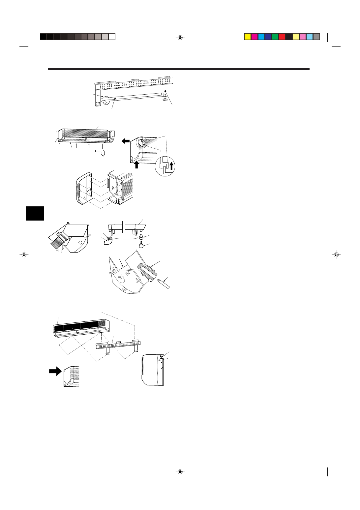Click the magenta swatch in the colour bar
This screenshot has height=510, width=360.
[255, 37]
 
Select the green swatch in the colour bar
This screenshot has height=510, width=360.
[275, 37]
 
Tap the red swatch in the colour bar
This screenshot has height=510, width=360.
[282, 37]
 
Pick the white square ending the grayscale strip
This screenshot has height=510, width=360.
[112, 37]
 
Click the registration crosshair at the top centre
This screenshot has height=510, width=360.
[180, 38]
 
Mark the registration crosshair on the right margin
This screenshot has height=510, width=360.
[336, 255]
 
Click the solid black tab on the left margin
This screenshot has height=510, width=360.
[35, 213]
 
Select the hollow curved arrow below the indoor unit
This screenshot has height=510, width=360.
[100, 152]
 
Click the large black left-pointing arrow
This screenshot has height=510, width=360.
[125, 141]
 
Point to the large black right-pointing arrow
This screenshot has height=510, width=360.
[55, 371]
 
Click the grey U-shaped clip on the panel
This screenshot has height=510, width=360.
[148, 270]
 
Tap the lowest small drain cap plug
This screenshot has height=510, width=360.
[141, 244]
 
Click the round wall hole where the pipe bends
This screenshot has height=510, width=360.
[106, 100]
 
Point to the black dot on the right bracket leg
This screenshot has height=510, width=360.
[165, 91]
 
